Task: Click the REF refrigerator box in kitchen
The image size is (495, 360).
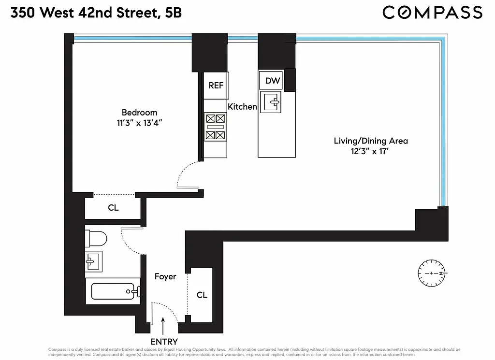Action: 216,86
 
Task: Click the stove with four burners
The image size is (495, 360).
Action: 216,127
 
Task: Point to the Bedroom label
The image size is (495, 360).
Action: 139,113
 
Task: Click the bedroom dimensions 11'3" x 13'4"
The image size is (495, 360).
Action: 139,123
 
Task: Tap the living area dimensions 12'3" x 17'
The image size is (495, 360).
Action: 371,151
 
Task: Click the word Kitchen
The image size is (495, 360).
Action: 242,107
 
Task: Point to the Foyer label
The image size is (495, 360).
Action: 165,277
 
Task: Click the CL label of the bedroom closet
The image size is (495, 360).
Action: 113,208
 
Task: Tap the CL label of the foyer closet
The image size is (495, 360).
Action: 202,295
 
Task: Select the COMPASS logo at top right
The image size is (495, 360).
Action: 432,12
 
